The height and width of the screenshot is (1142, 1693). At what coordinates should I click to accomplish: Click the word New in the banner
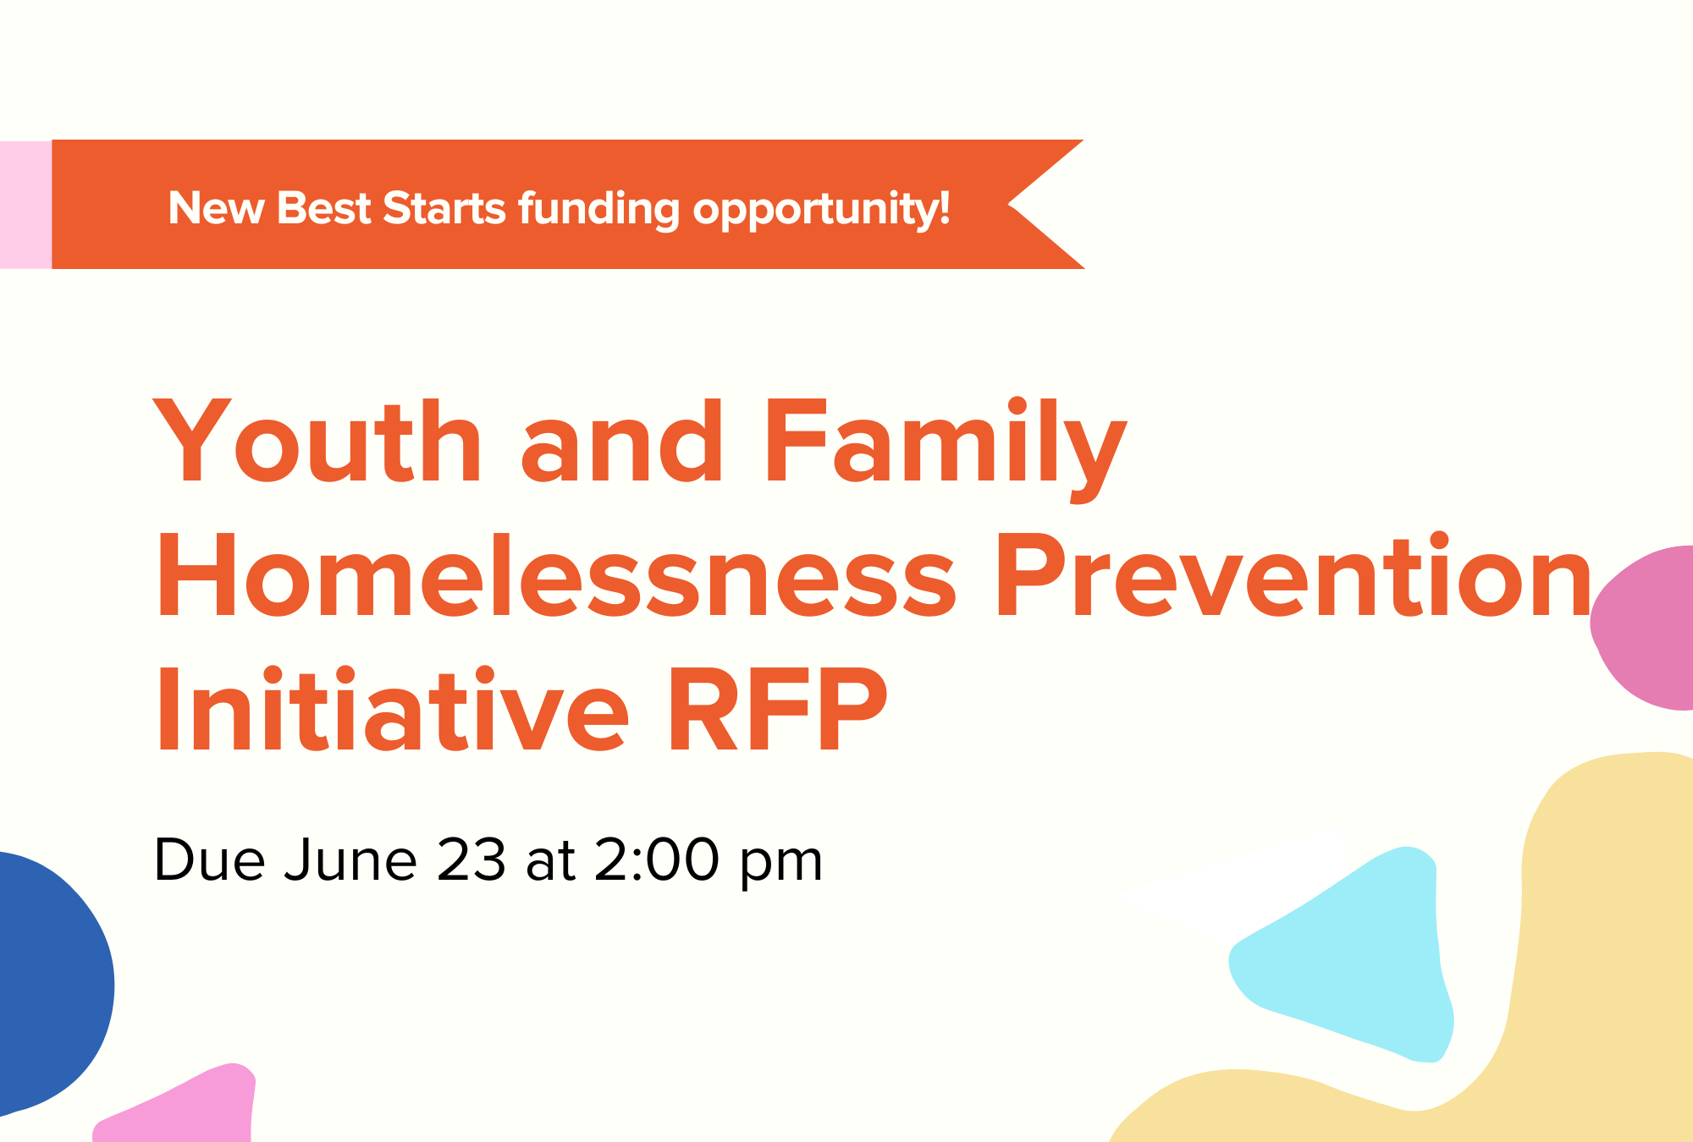click(x=216, y=208)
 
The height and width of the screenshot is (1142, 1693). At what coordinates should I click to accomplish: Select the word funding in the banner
click(x=598, y=209)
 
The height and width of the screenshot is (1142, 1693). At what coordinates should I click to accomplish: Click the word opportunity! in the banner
click(x=821, y=210)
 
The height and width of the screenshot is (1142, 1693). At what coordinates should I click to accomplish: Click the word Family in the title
click(x=944, y=444)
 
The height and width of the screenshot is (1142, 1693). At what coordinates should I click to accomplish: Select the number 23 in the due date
click(x=471, y=860)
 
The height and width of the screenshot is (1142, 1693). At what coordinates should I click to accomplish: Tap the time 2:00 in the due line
click(x=656, y=860)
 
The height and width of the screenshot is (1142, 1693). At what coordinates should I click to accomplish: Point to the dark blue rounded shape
click(x=47, y=981)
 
